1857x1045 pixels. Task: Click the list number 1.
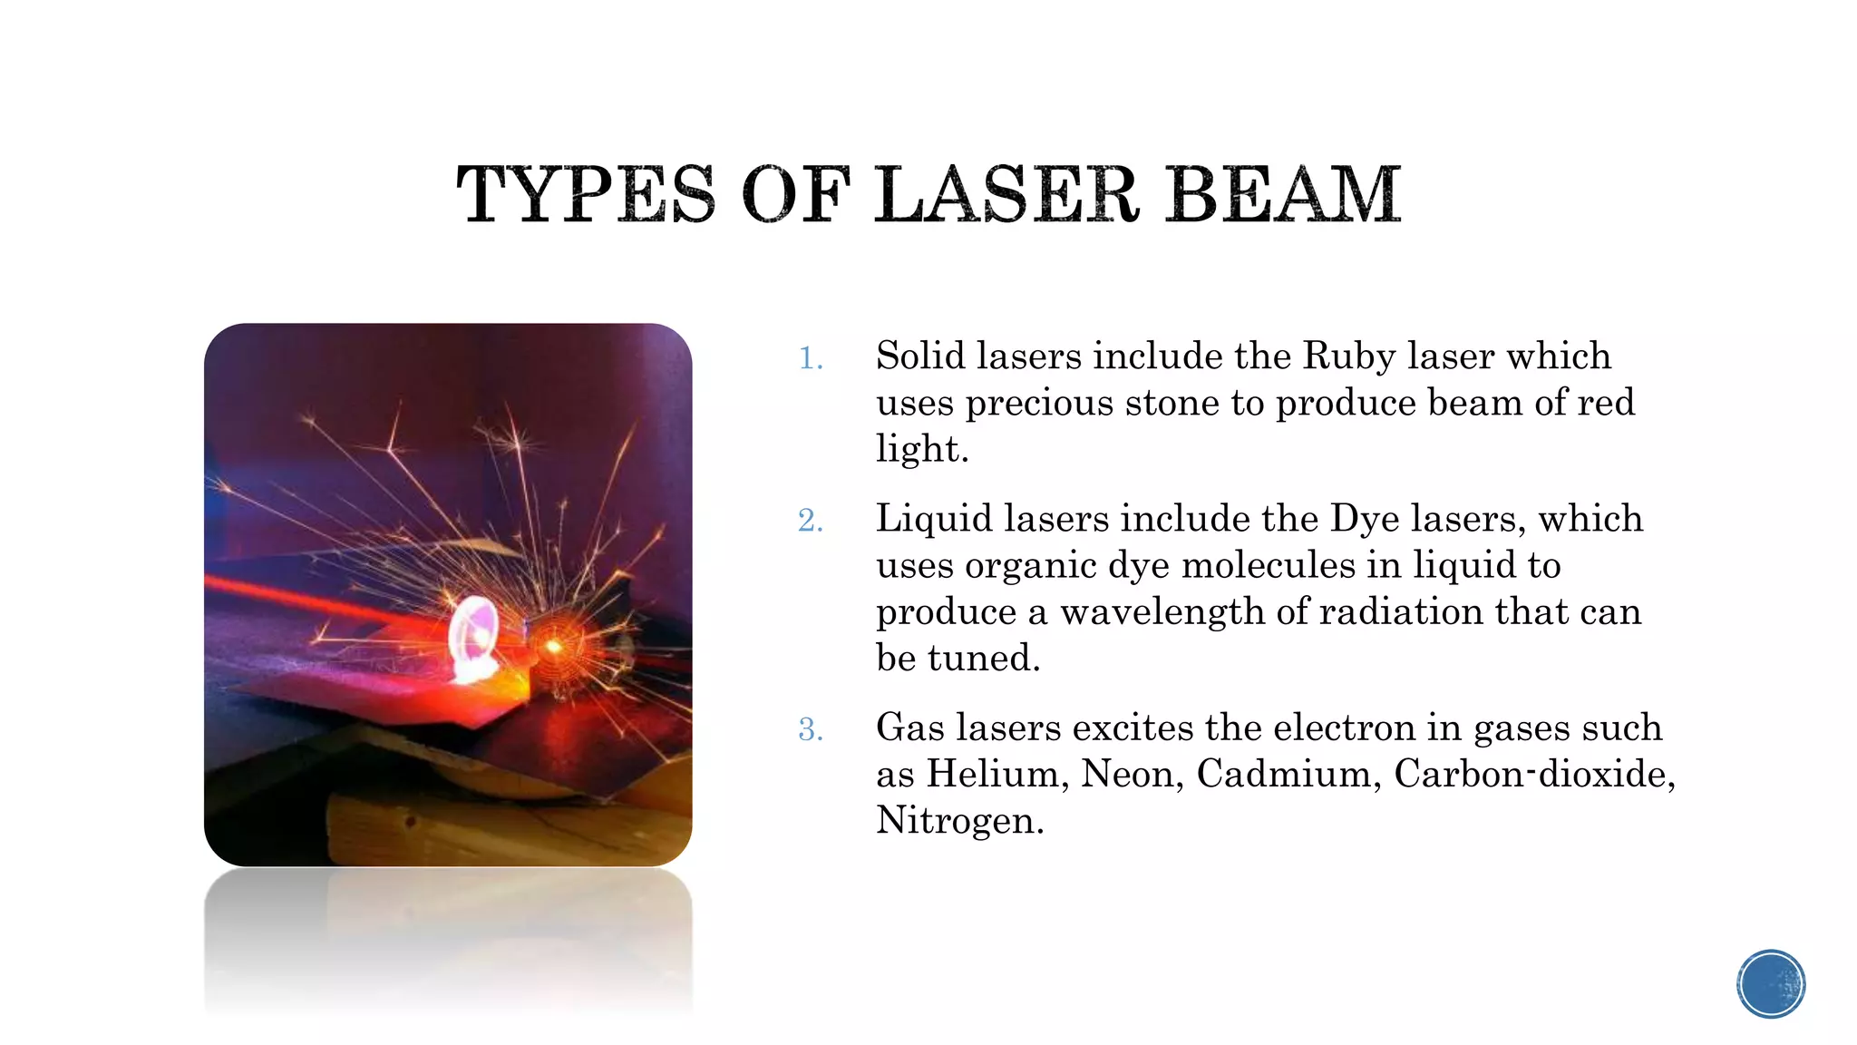(x=810, y=359)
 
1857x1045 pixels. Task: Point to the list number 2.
(x=810, y=522)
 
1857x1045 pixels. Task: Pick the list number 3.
(x=810, y=730)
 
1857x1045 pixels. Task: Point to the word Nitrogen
(x=959, y=820)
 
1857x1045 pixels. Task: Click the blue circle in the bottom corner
(x=1771, y=984)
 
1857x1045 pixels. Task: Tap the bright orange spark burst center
(x=552, y=646)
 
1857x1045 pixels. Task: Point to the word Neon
(x=1133, y=774)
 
